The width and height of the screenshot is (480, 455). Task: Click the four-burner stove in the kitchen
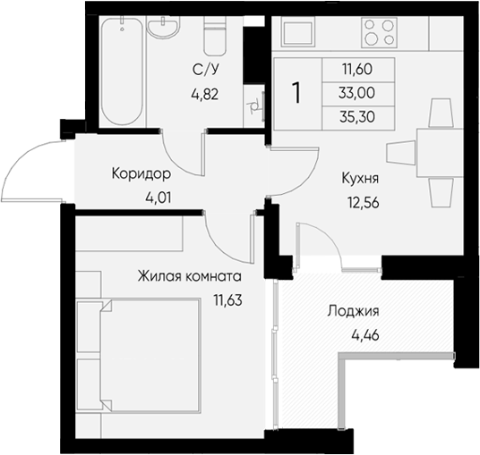point(380,32)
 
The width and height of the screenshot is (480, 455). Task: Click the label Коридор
point(139,173)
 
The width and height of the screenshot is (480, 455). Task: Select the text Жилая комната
point(190,276)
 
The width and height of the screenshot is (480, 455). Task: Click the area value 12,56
point(362,201)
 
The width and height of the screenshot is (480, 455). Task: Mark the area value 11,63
point(227,299)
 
